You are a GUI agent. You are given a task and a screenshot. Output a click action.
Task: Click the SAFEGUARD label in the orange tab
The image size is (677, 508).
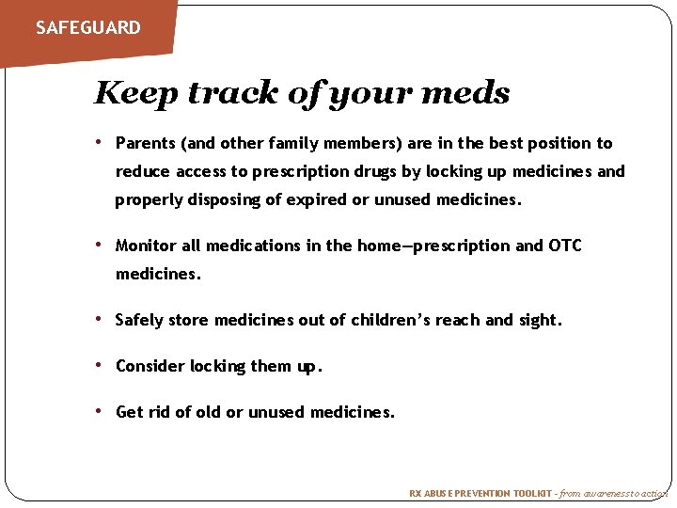(x=87, y=27)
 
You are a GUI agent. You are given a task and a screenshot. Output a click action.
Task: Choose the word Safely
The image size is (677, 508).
(x=140, y=320)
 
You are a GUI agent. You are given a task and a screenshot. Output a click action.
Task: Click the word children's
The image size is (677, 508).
(x=391, y=320)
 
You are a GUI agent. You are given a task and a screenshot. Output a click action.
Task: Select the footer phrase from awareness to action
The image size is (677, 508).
(x=614, y=493)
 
